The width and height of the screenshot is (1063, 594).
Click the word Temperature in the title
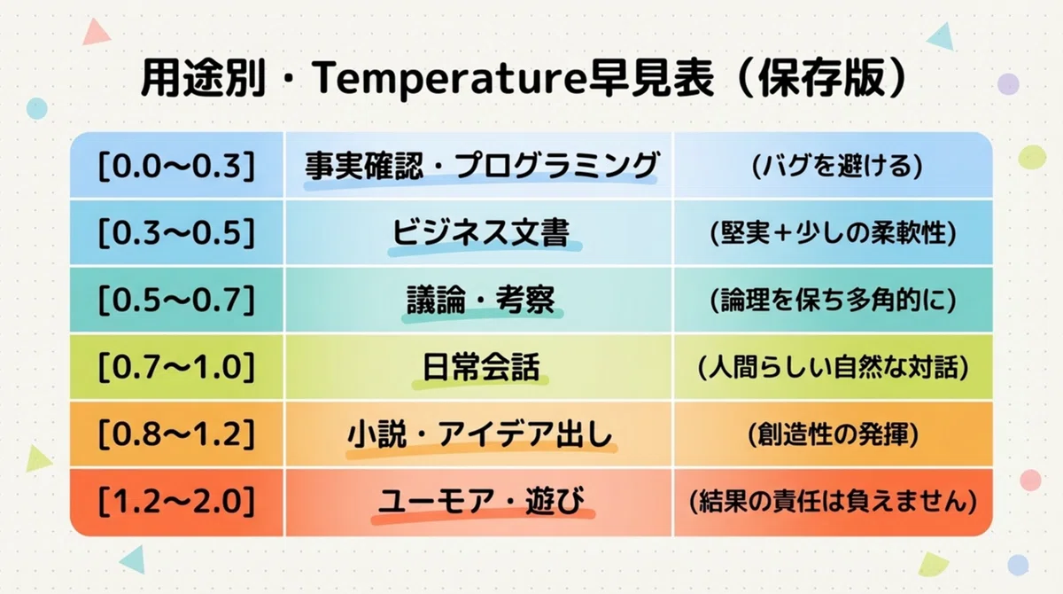(449, 78)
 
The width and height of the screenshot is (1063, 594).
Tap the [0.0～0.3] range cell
(176, 165)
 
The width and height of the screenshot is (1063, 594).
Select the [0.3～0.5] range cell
(176, 232)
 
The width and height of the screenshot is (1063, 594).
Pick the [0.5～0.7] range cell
(176, 300)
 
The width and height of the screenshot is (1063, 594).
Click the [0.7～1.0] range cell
(176, 367)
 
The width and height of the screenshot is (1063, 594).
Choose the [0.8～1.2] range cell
(176, 434)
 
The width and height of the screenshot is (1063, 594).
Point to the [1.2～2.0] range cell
(176, 502)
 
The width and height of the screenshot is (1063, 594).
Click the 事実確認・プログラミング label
(481, 166)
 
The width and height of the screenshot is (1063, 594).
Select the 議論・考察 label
(481, 300)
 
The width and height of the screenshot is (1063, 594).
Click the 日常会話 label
(481, 368)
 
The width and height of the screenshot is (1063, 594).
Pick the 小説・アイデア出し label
(481, 434)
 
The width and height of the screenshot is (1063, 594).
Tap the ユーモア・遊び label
(481, 502)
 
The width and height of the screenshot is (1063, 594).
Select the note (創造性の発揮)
(834, 434)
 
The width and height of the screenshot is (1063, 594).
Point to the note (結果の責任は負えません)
(834, 502)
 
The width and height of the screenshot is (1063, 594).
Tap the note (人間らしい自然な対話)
(834, 368)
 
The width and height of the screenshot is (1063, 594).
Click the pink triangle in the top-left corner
(96, 33)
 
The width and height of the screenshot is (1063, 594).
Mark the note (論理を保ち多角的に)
(834, 300)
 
